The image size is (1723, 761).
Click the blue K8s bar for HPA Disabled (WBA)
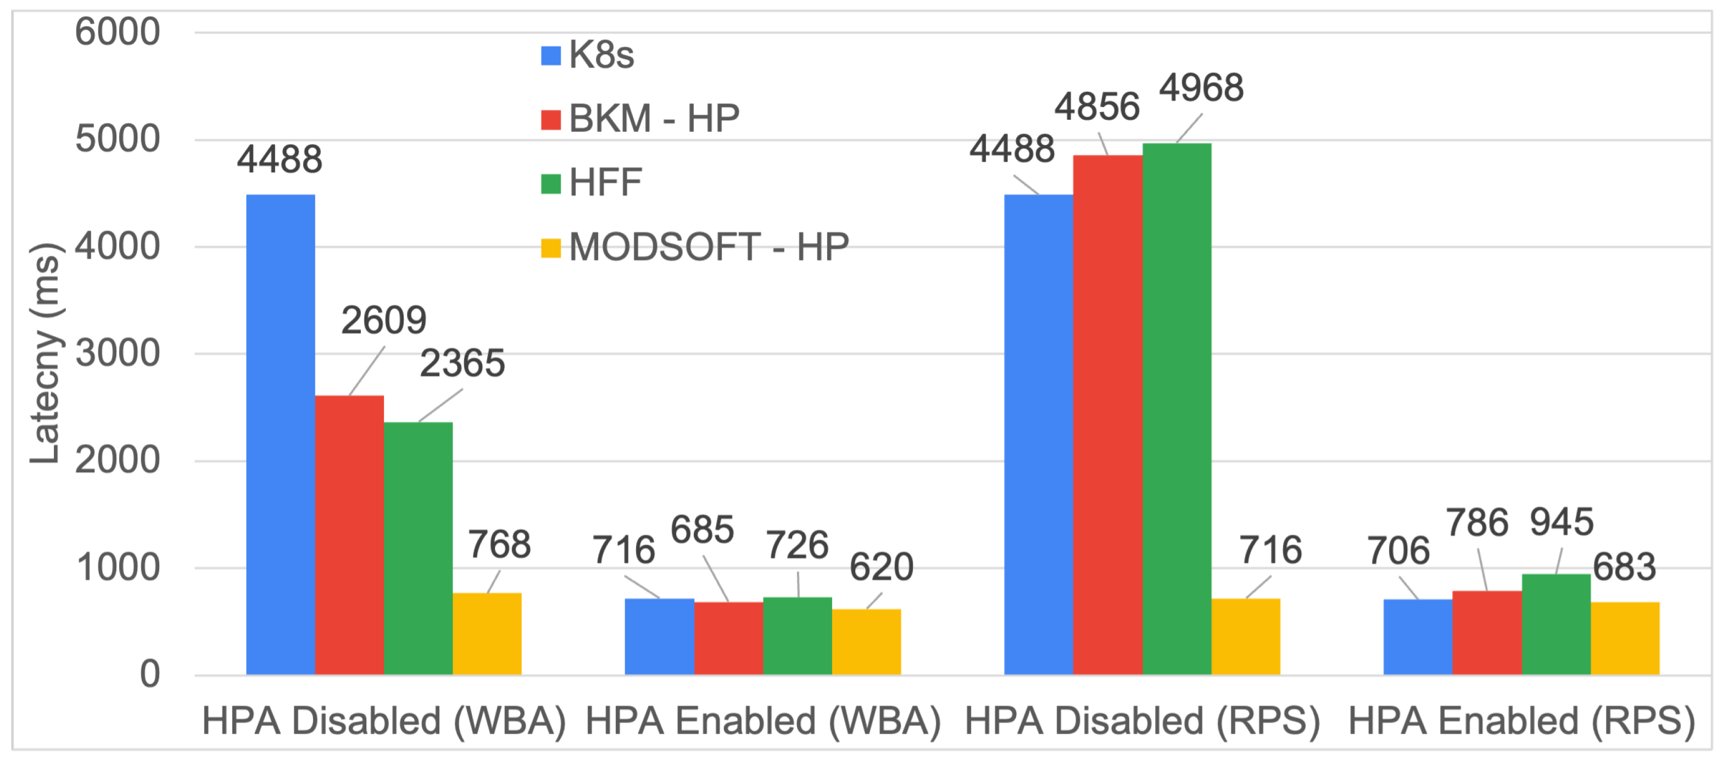[x=280, y=435]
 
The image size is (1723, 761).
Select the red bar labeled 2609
[x=349, y=535]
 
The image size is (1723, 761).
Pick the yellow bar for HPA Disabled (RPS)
[x=1246, y=636]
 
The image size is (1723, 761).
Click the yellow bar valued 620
[x=866, y=641]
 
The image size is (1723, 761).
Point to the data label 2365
[x=462, y=365]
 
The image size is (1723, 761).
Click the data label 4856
[x=1097, y=107]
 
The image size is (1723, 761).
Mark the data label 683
[x=1624, y=568]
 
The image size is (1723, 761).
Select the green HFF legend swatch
[x=550, y=184]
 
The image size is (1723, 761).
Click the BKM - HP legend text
[x=654, y=119]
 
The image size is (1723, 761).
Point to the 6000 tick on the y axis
[x=118, y=32]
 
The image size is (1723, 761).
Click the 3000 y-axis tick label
[x=118, y=354]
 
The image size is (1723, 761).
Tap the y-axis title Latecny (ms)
[x=46, y=354]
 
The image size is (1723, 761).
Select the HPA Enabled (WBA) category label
[x=762, y=721]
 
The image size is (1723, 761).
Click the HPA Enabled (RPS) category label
[x=1521, y=721]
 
